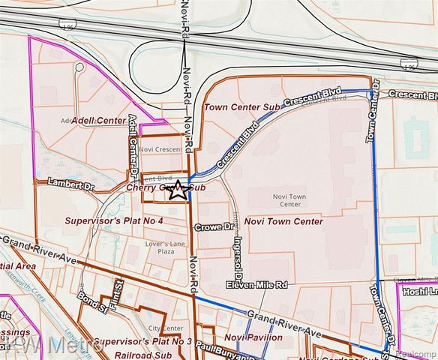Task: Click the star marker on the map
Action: [178, 190]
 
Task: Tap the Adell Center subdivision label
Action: [99, 120]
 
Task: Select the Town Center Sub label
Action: [241, 108]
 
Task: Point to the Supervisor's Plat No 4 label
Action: [114, 220]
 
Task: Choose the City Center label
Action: [165, 328]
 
